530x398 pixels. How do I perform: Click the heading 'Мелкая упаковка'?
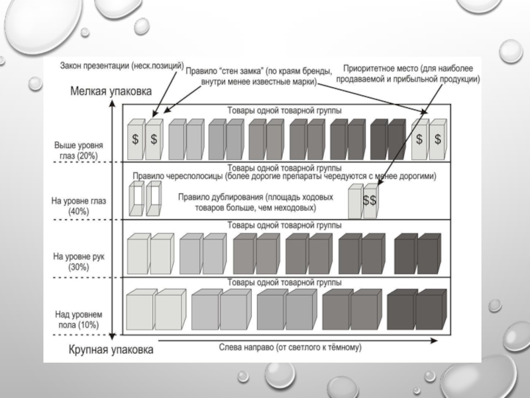point(111,92)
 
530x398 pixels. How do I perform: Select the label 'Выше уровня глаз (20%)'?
point(78,149)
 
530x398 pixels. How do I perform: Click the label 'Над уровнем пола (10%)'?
point(79,319)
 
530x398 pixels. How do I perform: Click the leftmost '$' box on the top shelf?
point(135,140)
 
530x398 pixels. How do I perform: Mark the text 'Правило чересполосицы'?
point(284,176)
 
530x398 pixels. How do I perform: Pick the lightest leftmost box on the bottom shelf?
point(139,310)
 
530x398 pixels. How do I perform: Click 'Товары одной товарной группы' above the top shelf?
point(285,111)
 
